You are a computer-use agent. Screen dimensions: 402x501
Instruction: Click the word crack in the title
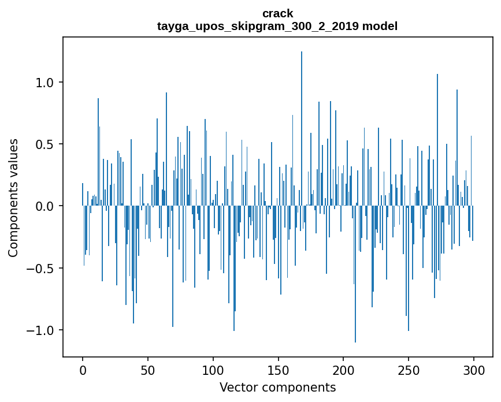pyautogui.click(x=277, y=13)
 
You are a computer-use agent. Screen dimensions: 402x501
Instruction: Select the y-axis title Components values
pyautogui.click(x=13, y=198)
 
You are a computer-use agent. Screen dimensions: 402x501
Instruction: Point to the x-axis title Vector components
pyautogui.click(x=277, y=387)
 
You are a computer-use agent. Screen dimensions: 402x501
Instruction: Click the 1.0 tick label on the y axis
pyautogui.click(x=44, y=82)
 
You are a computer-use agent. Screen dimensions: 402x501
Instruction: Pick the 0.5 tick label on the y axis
pyautogui.click(x=44, y=144)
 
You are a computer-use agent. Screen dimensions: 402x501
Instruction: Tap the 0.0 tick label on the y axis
pyautogui.click(x=44, y=206)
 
